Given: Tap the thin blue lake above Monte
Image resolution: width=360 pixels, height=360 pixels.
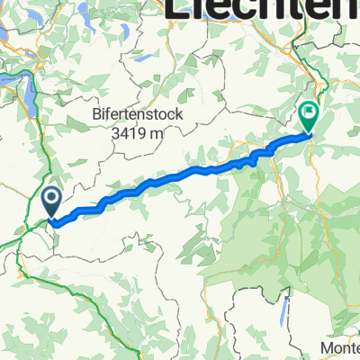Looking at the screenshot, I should [x=283, y=310].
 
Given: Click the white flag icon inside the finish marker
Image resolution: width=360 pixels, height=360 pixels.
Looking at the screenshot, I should [x=309, y=113].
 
